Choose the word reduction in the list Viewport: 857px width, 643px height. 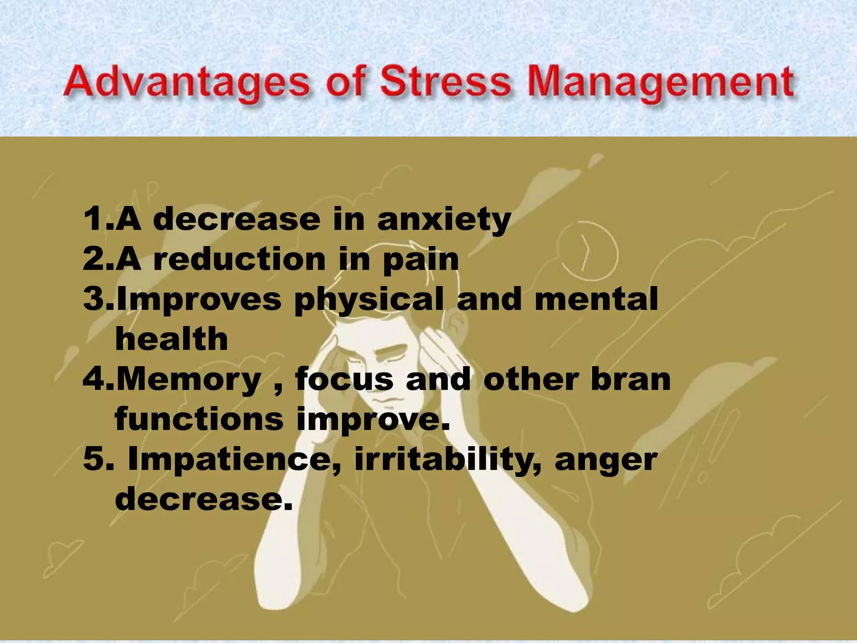pos(239,259)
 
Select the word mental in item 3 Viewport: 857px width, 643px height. pos(596,299)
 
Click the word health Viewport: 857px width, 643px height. pos(172,339)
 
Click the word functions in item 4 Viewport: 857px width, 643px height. pos(199,419)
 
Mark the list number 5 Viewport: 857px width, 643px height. pos(92,459)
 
